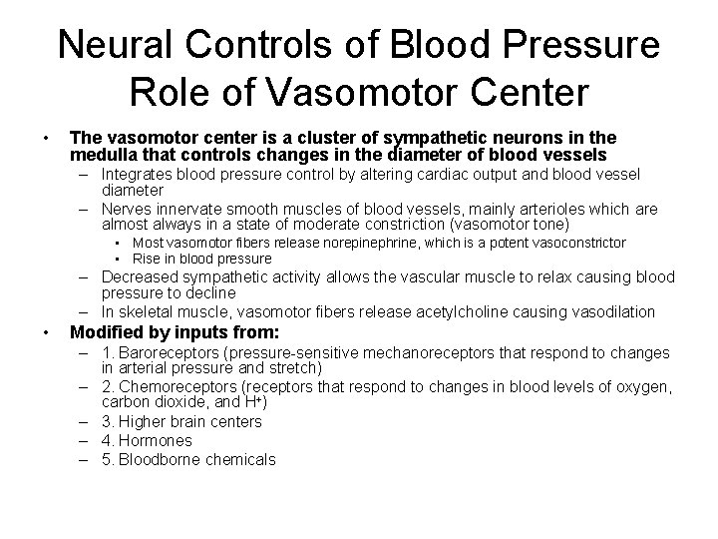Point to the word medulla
(x=101, y=155)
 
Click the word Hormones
(x=156, y=440)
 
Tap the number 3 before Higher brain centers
(x=107, y=421)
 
